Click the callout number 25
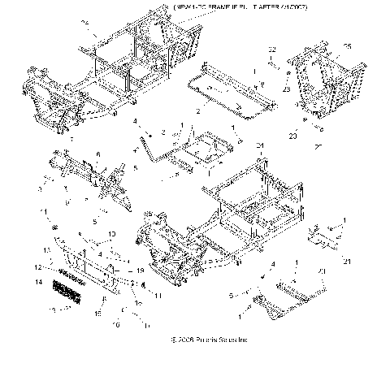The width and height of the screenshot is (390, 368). (348, 45)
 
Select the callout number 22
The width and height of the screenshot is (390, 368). (273, 50)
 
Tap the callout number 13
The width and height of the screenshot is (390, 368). (46, 249)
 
